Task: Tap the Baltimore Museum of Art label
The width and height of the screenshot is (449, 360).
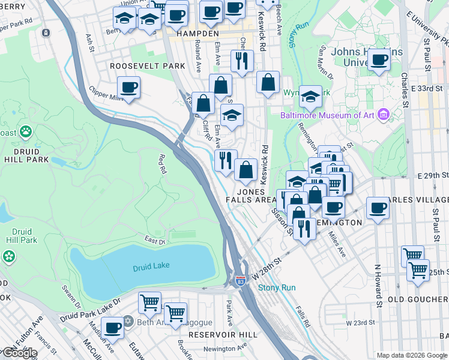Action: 327,115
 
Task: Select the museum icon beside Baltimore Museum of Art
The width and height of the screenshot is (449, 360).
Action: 382,115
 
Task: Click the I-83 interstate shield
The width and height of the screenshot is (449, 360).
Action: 240,280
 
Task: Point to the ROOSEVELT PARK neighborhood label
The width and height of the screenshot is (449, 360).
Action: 147,65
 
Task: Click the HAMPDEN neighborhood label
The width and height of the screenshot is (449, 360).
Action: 192,34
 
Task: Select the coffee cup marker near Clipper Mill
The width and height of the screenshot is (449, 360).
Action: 128,87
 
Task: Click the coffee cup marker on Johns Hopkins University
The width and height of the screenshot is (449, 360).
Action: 379,59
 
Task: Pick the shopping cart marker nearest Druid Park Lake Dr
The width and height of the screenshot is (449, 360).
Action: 149,301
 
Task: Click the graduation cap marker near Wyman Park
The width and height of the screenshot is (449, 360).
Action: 310,95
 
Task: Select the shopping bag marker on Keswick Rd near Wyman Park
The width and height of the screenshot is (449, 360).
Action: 268,82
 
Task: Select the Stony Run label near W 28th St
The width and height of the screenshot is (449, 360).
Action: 277,287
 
